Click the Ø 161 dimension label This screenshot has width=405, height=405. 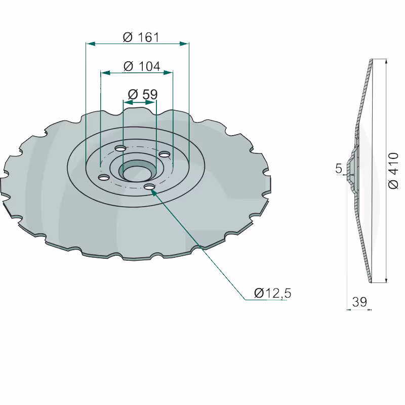(x=141, y=37)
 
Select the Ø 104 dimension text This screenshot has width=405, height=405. (x=142, y=66)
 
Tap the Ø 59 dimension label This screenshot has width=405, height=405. (x=143, y=94)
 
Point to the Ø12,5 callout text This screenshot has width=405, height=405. (x=273, y=293)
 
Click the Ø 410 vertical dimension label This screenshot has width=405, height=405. (x=393, y=171)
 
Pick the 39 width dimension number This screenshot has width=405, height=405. (x=359, y=301)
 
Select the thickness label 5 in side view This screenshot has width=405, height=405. (x=339, y=169)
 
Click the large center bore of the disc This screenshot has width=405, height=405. (x=138, y=171)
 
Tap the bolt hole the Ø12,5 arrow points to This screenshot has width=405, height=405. (x=149, y=187)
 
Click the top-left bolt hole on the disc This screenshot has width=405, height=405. (x=120, y=148)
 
